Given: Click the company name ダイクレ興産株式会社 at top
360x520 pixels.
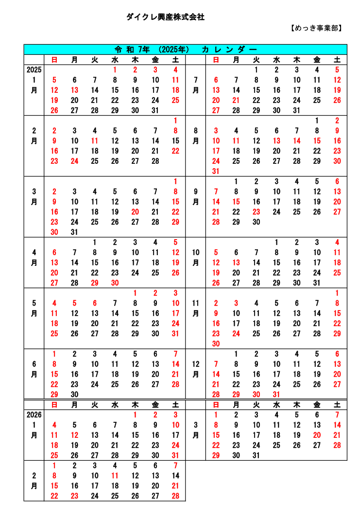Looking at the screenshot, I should [165, 17].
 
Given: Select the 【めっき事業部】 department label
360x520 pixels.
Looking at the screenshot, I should [316, 28].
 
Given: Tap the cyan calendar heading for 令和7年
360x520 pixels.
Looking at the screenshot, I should [186, 49].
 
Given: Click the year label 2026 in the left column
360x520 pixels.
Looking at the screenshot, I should [34, 415].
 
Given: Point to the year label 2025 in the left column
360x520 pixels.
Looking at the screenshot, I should [34, 69].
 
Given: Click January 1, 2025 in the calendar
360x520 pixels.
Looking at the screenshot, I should [115, 69].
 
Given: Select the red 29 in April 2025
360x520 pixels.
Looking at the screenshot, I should [95, 283].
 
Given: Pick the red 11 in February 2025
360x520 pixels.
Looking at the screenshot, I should [95, 141].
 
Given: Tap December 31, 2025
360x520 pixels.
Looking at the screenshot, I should [276, 395].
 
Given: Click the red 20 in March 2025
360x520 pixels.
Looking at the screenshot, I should [135, 212].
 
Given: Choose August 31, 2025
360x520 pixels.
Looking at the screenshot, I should [216, 171].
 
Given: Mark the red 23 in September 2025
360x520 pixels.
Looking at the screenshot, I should [256, 212].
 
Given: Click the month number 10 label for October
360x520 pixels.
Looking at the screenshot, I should [195, 252].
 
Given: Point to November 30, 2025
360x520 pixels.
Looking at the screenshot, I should [216, 344].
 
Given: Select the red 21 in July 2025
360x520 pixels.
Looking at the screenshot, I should [236, 100].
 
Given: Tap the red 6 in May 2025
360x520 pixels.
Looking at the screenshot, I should [95, 303].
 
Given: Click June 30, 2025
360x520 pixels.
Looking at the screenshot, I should [74, 395].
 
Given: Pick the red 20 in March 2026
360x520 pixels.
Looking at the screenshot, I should [317, 435].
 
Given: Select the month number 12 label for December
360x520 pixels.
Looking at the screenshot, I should [195, 364].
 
